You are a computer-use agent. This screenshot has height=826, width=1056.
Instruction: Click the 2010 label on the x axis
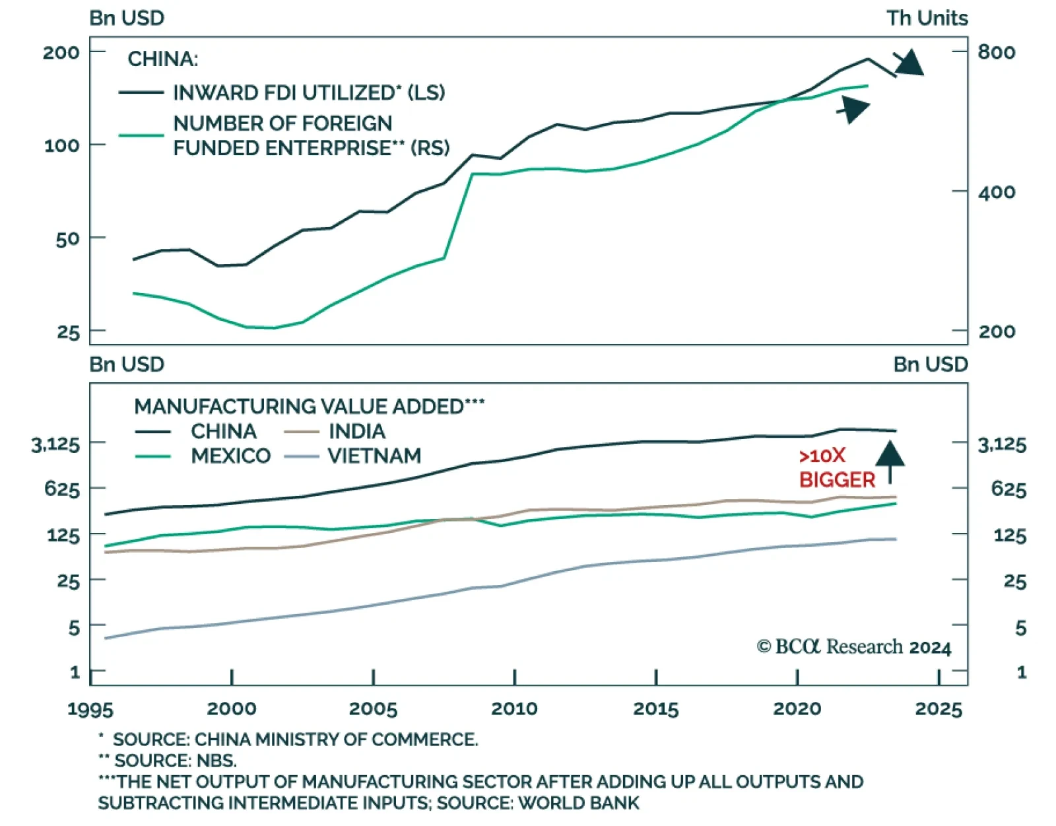(x=514, y=708)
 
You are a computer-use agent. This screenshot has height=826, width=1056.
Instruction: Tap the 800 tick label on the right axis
(x=997, y=52)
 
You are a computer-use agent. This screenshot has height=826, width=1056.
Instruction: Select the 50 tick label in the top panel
(x=67, y=239)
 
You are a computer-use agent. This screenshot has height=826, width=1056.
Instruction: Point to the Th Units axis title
(x=927, y=18)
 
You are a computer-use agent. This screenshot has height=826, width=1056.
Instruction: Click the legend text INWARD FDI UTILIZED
(x=309, y=92)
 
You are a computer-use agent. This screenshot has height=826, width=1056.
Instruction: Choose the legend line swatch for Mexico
(x=153, y=456)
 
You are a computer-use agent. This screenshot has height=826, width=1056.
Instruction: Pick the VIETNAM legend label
(x=374, y=456)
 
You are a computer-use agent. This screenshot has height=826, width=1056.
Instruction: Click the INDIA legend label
(x=357, y=432)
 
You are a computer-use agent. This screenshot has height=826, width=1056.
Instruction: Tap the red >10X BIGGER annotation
(x=836, y=467)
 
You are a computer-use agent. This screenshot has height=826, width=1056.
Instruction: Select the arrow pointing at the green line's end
(x=854, y=109)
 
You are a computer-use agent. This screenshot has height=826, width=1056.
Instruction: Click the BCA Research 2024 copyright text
(x=854, y=647)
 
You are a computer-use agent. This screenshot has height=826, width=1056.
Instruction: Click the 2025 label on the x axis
(x=939, y=708)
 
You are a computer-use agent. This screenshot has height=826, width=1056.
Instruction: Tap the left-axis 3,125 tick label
(x=55, y=444)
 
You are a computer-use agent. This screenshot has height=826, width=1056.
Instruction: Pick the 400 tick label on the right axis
(x=997, y=193)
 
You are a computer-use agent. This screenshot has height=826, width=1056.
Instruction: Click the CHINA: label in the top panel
(x=162, y=59)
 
